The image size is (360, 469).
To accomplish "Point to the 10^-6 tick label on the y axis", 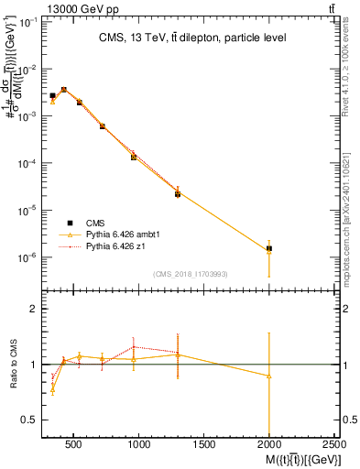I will [27, 257].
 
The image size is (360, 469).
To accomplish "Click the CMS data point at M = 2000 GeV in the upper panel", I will [269, 248].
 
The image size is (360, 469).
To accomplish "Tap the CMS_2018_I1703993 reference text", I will [191, 274].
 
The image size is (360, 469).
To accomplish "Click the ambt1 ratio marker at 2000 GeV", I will [269, 376].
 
